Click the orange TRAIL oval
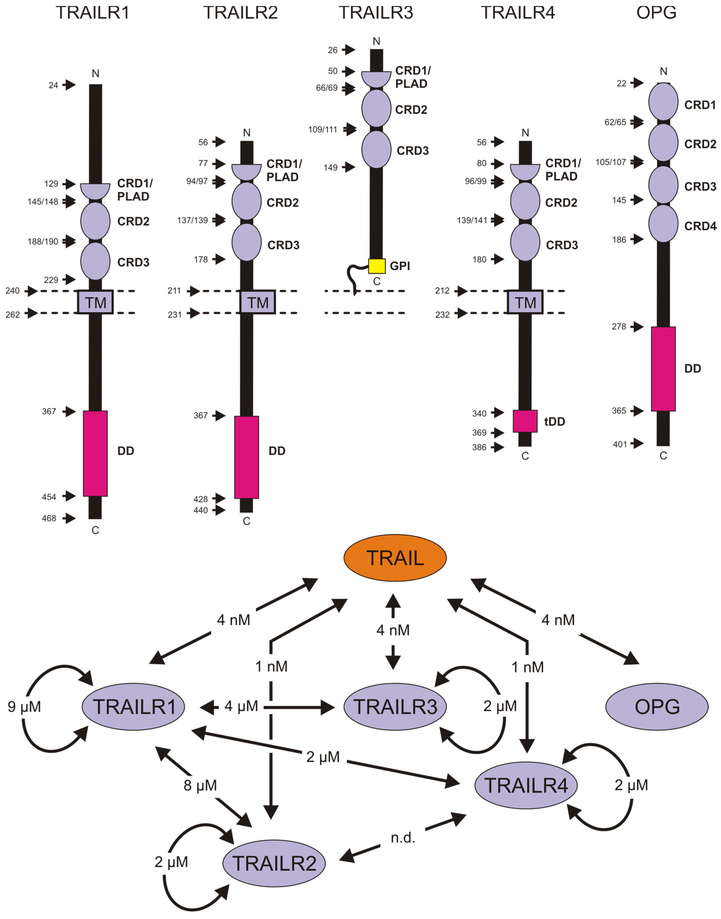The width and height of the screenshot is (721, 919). [x=395, y=558]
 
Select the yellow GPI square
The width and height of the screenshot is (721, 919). [x=377, y=266]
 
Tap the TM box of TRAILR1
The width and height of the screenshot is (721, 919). [x=95, y=302]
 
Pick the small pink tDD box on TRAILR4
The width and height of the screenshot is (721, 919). [x=525, y=421]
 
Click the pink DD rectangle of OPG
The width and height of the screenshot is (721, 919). [x=663, y=368]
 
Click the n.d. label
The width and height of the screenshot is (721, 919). [x=403, y=838]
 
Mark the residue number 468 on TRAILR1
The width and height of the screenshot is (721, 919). [x=49, y=518]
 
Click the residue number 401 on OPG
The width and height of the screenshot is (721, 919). [x=620, y=444]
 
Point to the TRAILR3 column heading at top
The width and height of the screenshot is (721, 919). [x=376, y=13]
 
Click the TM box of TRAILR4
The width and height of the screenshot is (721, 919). [x=525, y=302]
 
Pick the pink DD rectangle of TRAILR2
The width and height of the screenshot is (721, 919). [x=247, y=457]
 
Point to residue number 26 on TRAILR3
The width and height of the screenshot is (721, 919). [x=333, y=50]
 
